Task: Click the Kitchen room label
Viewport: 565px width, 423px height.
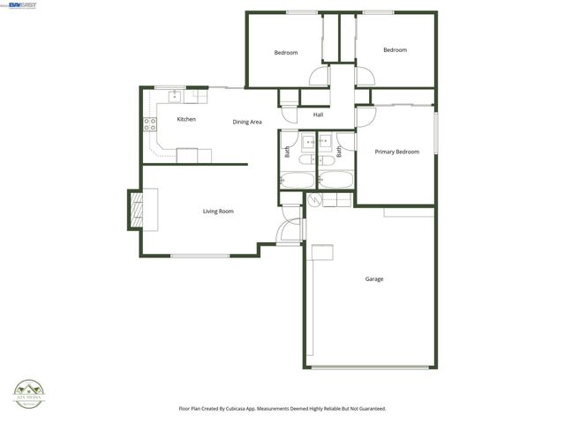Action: [x=186, y=119]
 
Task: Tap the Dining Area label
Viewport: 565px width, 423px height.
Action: [x=247, y=122]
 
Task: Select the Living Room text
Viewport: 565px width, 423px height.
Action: [x=218, y=211]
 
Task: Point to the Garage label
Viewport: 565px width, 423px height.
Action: [x=374, y=279]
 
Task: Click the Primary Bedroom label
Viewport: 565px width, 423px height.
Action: [x=396, y=152]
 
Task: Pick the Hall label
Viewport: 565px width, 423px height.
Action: [x=318, y=114]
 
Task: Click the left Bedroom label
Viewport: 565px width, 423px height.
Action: [x=286, y=53]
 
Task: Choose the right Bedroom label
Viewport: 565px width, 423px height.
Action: [x=395, y=50]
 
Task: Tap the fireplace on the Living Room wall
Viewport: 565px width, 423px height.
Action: [x=135, y=210]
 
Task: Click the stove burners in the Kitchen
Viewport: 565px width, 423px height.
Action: [x=150, y=124]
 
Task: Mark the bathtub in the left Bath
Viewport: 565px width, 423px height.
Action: [x=297, y=181]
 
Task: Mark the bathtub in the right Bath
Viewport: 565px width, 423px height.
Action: [x=335, y=181]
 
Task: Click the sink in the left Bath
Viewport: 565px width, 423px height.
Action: [x=307, y=140]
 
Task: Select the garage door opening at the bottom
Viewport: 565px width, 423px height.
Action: [x=372, y=367]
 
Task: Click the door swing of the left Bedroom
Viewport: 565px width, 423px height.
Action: [x=319, y=77]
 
